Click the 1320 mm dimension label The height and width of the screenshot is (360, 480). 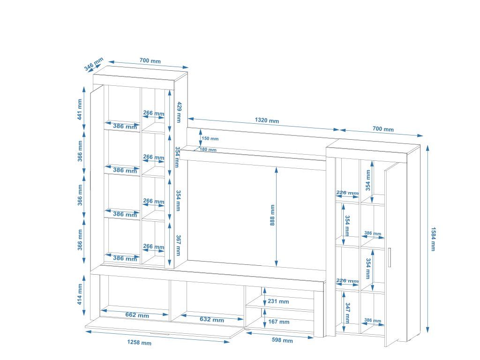tap(267, 120)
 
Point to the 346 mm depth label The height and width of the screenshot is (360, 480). tap(94, 64)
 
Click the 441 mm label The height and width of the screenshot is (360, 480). tap(80, 109)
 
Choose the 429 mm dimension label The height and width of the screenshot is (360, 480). tap(178, 112)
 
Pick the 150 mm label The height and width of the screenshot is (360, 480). tap(210, 139)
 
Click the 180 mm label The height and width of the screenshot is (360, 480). tap(208, 150)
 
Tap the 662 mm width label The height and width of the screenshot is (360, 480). tap(137, 315)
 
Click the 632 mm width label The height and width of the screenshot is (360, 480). tap(212, 320)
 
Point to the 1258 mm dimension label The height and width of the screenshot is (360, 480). tap(139, 343)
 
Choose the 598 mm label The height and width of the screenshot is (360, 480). tap(282, 341)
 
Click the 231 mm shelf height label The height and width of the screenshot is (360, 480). tap(278, 301)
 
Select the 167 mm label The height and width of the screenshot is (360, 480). tap(278, 322)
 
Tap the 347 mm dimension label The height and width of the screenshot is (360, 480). tap(347, 313)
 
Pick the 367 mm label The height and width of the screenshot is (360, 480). tap(178, 245)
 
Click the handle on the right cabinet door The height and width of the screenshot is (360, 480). tap(389, 257)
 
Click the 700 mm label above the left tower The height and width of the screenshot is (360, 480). tap(150, 61)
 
